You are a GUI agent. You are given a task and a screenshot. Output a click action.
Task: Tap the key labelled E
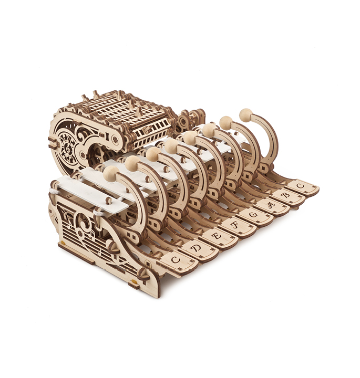coord(217,236)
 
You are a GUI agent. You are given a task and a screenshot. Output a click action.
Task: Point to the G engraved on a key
coord(253,215)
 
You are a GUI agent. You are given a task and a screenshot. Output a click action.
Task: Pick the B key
coord(287,195)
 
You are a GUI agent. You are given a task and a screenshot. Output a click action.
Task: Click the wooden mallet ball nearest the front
coord(111,173)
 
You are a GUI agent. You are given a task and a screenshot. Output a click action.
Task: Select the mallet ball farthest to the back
coord(246,115)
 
